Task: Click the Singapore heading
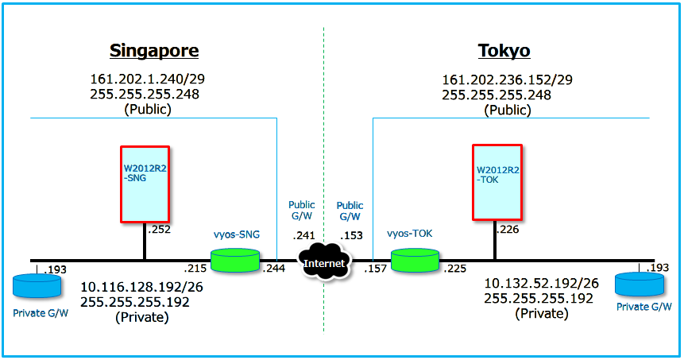coord(154,52)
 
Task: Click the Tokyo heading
coord(504,52)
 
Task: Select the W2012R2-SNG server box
coord(145,184)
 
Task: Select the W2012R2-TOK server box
coord(497,181)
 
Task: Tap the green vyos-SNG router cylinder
coord(235,261)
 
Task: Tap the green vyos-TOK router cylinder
coord(415,261)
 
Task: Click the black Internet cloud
coord(324,262)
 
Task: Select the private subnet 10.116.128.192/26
coord(142,286)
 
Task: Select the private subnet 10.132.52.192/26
coord(542,283)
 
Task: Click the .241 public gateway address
coord(303,235)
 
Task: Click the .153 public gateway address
coord(350,235)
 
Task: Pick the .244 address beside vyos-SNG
coord(273,269)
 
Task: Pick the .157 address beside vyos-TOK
coord(375,269)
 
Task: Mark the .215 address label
coord(195,269)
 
